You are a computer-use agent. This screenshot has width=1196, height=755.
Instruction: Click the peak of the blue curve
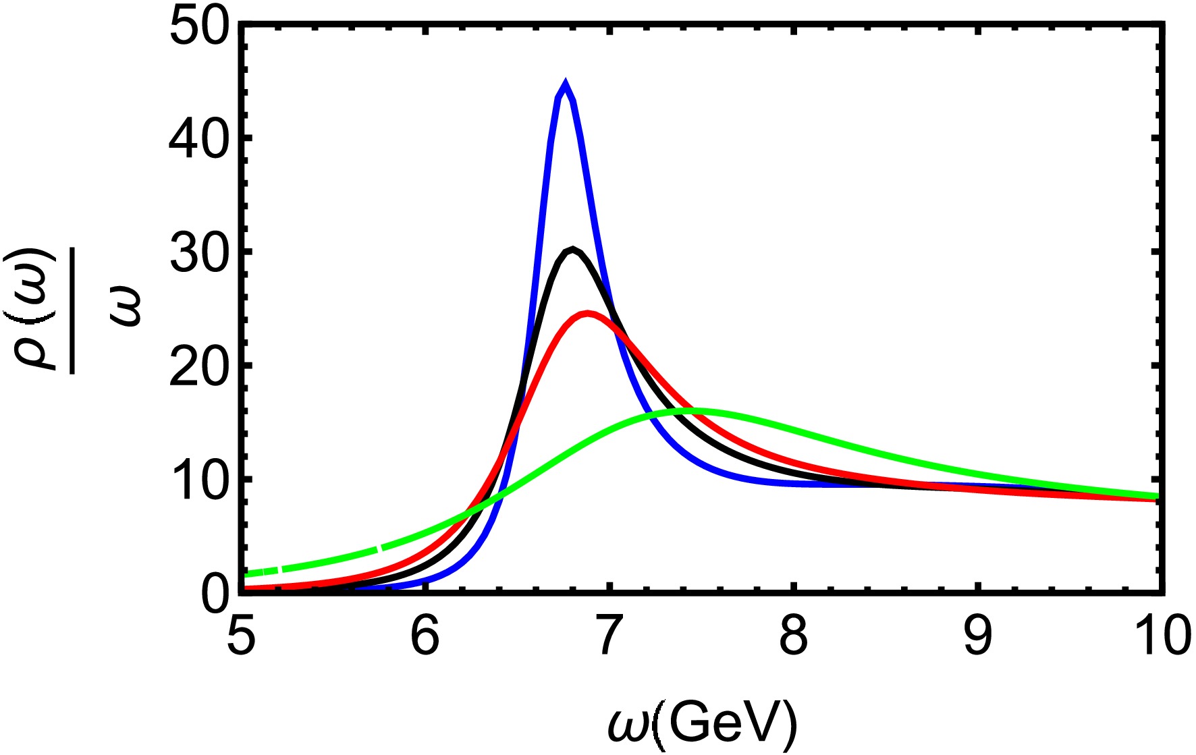565,83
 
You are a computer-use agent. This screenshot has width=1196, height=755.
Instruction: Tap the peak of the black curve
572,250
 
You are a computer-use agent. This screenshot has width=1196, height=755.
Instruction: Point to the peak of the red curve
589,313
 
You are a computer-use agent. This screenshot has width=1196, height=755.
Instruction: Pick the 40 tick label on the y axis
200,139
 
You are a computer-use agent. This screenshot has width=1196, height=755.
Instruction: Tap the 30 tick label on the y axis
200,252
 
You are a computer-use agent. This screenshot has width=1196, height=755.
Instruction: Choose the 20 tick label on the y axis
200,366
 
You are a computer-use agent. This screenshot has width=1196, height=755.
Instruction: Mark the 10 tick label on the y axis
200,480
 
